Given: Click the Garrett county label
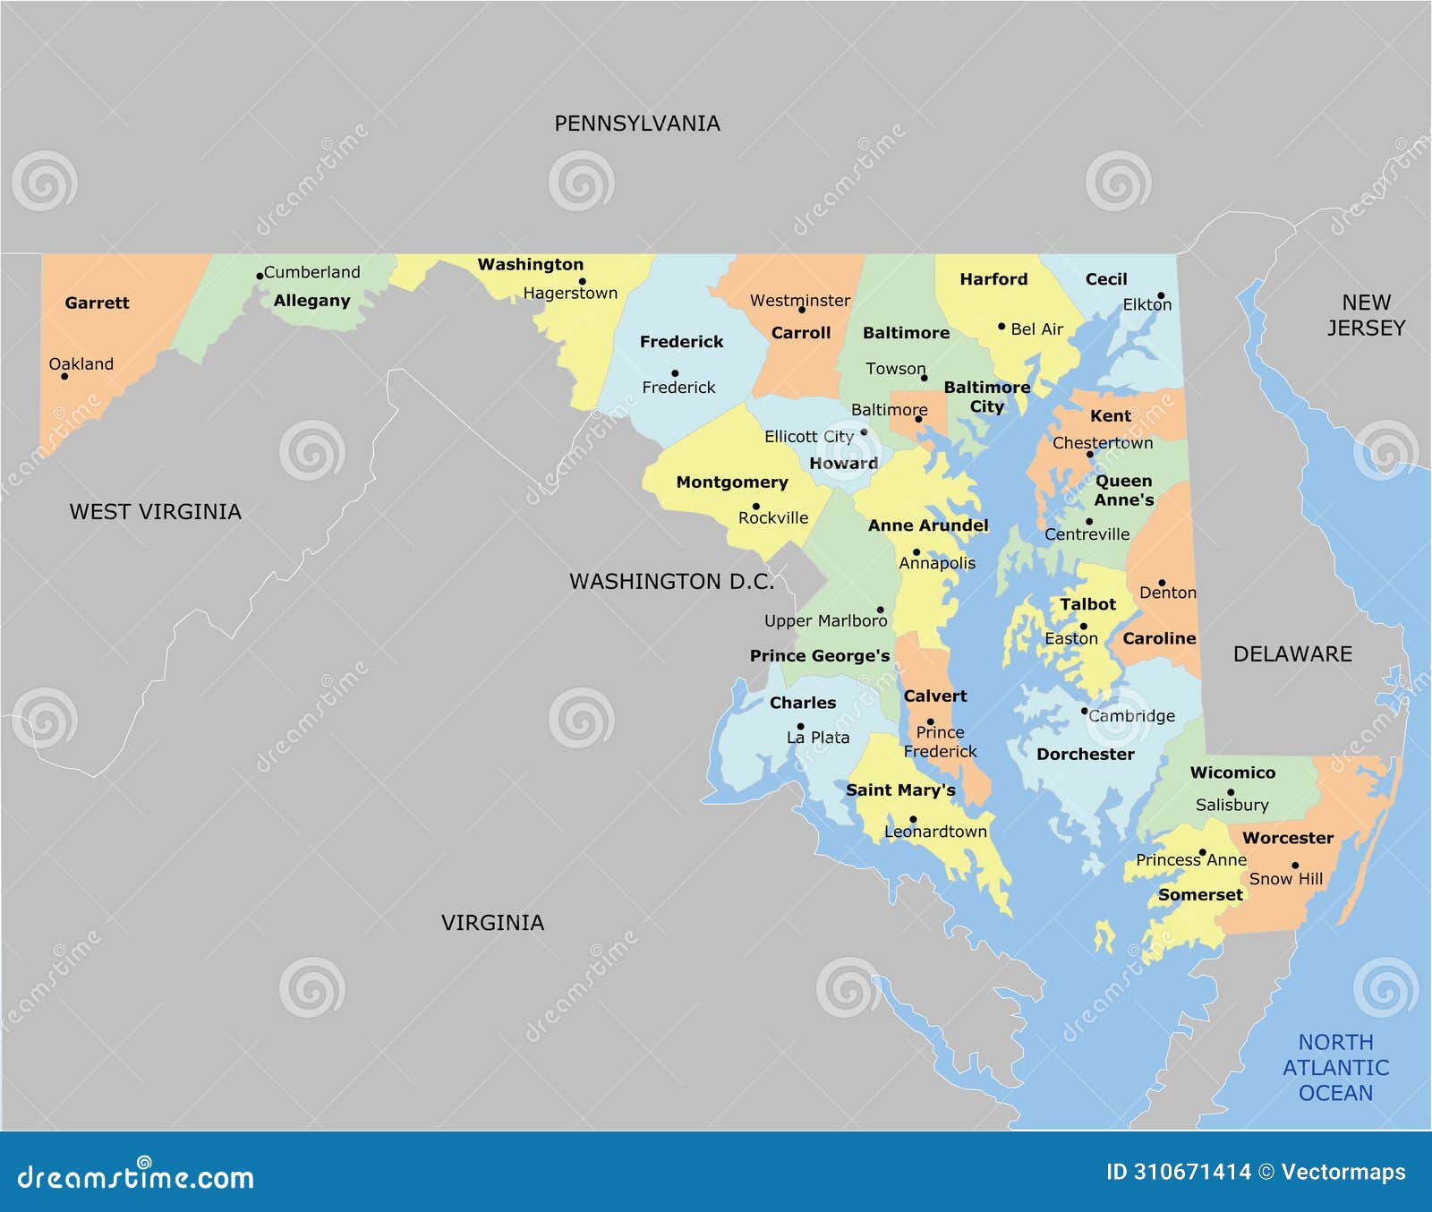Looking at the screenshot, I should pos(97,303).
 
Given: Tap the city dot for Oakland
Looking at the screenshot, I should pos(64,376).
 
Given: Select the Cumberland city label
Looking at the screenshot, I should pos(311,272).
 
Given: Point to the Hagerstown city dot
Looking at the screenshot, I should pos(583,281).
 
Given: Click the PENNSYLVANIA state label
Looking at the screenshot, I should pos(637,124).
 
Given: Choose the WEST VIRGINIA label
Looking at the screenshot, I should pos(156,512).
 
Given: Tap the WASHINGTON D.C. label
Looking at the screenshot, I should pos(671,582).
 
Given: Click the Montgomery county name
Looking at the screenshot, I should pos(732,482).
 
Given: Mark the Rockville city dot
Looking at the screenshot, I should pos(756,506).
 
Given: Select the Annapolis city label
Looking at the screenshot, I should pos(937,563).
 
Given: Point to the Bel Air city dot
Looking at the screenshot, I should pos(1002,327).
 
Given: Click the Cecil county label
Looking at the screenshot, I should pos(1106,279).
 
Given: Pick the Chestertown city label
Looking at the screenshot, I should pos(1103,443).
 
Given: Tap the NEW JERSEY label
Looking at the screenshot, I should pos(1366,315).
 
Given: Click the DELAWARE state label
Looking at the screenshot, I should pos(1292,654).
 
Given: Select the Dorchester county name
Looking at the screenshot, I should pos(1085,755).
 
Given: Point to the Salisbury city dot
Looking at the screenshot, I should pos(1231,792).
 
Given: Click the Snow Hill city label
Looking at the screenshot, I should pos(1285,879).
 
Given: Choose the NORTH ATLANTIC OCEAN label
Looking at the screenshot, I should pos(1335,1068).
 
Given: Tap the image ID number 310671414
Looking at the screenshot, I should pos(1192,1172).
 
